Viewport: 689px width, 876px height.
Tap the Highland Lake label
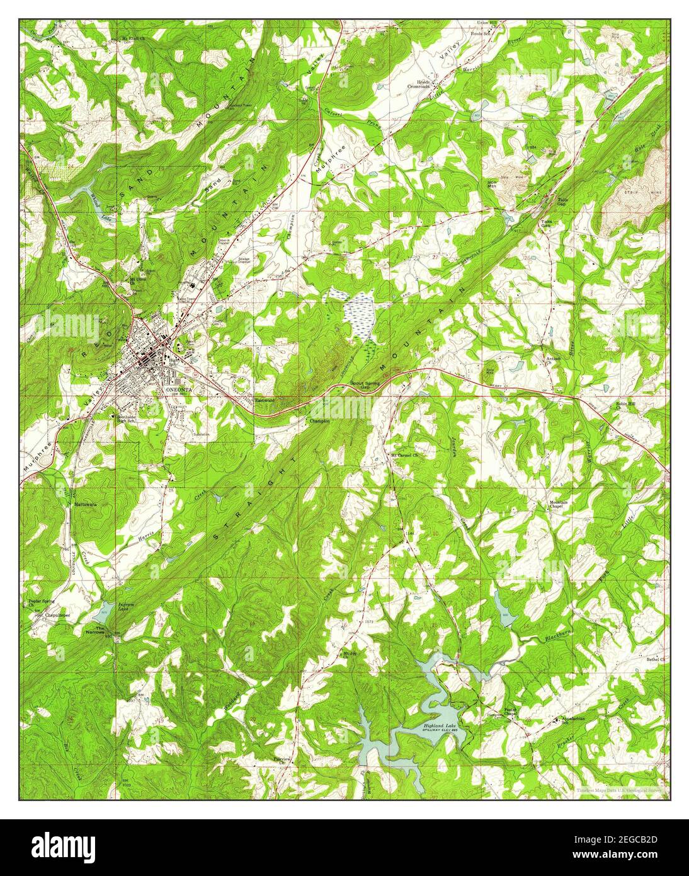pyautogui.click(x=439, y=726)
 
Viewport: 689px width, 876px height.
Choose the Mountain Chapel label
pyautogui.click(x=559, y=505)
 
